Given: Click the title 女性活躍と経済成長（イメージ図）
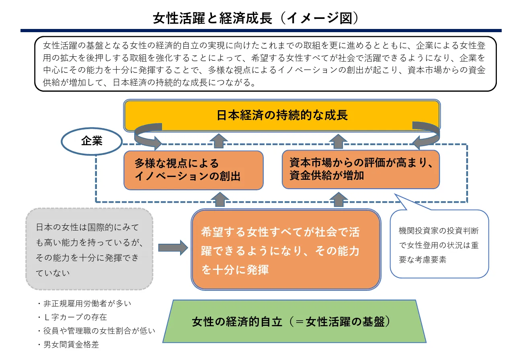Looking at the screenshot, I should point(255,18).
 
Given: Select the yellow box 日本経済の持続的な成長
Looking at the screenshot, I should point(282,115).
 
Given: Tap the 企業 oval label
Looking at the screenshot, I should point(92,141).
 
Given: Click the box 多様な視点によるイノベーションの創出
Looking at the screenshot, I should point(193,170).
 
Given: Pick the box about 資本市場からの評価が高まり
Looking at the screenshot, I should point(361,169).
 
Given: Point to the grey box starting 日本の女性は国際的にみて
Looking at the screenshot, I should point(89,249).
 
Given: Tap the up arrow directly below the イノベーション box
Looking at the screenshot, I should point(219,199).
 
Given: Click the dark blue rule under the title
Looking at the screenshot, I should point(261,31).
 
